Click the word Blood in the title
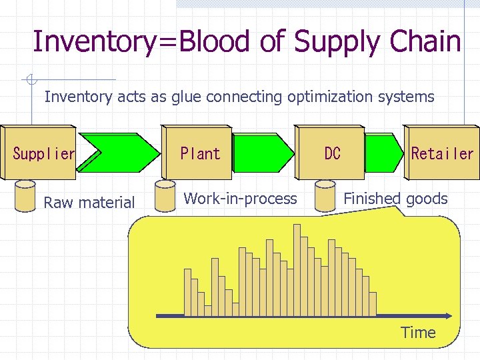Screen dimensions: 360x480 point(219,41)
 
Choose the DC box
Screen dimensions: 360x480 point(332,153)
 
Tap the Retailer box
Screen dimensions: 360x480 point(441,153)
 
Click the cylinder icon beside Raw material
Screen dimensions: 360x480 point(25,195)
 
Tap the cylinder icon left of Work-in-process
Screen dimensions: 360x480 point(164,195)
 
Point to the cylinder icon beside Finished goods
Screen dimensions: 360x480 point(326,195)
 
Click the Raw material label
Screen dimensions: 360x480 point(89,203)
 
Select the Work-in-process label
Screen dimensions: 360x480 point(240,199)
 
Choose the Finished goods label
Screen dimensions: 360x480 point(395,199)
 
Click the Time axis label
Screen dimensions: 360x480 point(418,333)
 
